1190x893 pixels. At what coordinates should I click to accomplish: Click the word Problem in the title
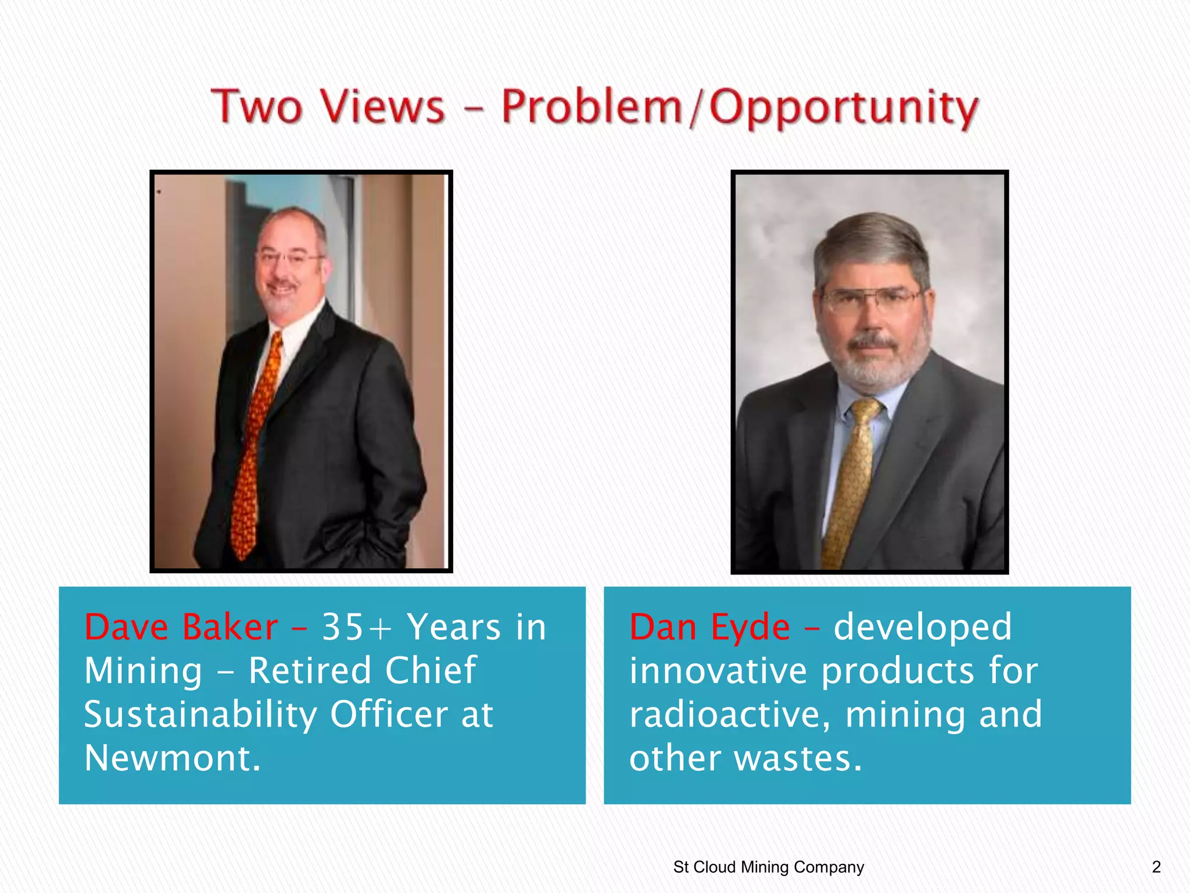[x=592, y=108]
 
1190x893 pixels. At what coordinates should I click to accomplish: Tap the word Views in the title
[x=383, y=108]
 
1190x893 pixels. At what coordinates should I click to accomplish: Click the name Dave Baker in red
[x=181, y=627]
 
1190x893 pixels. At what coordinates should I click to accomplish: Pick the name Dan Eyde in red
[x=709, y=627]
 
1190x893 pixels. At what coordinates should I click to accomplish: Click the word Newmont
[x=173, y=758]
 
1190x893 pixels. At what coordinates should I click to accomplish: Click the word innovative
[x=718, y=671]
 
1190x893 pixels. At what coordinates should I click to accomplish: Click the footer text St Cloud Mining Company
[x=768, y=867]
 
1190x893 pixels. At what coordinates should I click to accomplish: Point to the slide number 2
[x=1156, y=867]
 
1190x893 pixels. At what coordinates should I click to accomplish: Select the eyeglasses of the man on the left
[x=289, y=257]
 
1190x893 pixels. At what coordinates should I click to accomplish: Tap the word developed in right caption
[x=923, y=627]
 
